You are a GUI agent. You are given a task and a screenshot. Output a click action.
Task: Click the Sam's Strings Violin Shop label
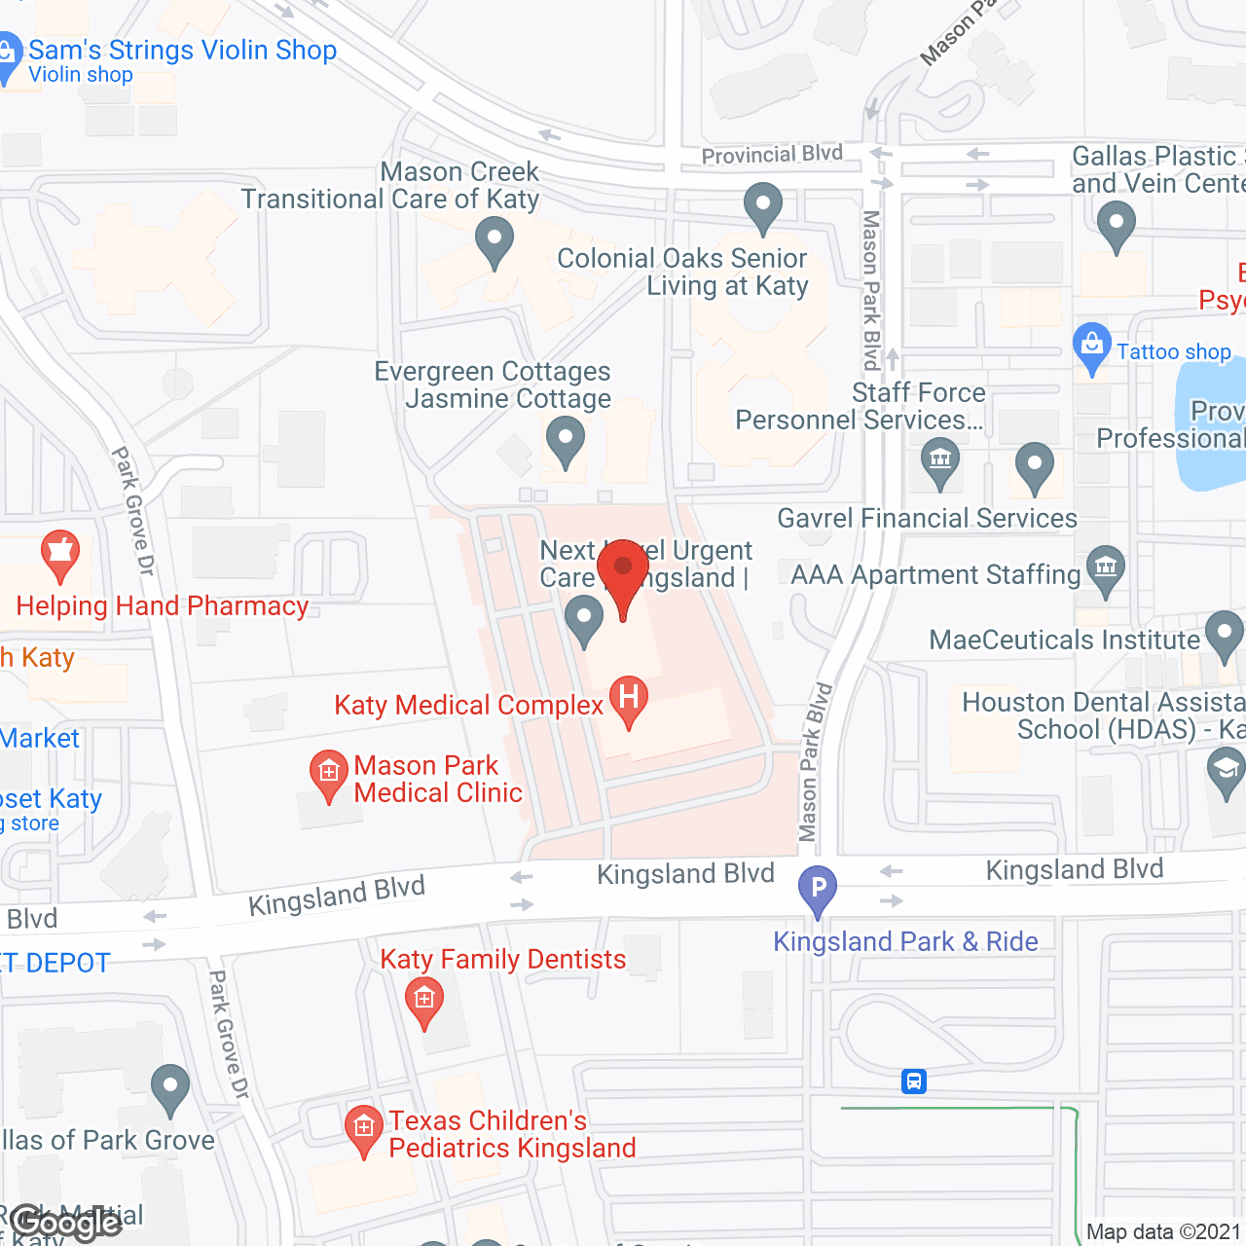(x=182, y=51)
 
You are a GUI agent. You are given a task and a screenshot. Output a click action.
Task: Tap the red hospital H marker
(x=629, y=698)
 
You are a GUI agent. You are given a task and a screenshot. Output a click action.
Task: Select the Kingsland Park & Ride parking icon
(x=818, y=888)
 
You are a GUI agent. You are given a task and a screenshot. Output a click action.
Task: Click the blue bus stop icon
(x=914, y=1081)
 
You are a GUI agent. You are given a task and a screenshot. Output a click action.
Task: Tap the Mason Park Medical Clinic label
(x=437, y=779)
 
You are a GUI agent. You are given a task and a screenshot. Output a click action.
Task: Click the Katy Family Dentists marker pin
(x=423, y=1000)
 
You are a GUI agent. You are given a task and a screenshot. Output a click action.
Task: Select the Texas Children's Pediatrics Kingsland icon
(x=364, y=1129)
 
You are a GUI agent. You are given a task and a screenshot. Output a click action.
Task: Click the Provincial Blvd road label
(x=772, y=155)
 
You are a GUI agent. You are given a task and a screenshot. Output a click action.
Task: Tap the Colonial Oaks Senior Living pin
(x=763, y=206)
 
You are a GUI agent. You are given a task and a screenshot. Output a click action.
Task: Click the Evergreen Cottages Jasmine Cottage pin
(x=565, y=439)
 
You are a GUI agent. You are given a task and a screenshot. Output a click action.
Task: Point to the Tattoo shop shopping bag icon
(x=1092, y=346)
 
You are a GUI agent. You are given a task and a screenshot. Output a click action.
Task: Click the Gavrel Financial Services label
(x=927, y=518)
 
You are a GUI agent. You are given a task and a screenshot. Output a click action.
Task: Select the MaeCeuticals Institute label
(x=1064, y=640)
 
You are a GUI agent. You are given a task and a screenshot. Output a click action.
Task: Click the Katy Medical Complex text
(x=468, y=705)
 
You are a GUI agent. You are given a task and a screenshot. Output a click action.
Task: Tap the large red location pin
(x=623, y=574)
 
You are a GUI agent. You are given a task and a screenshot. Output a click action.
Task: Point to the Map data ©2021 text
(x=1164, y=1232)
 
